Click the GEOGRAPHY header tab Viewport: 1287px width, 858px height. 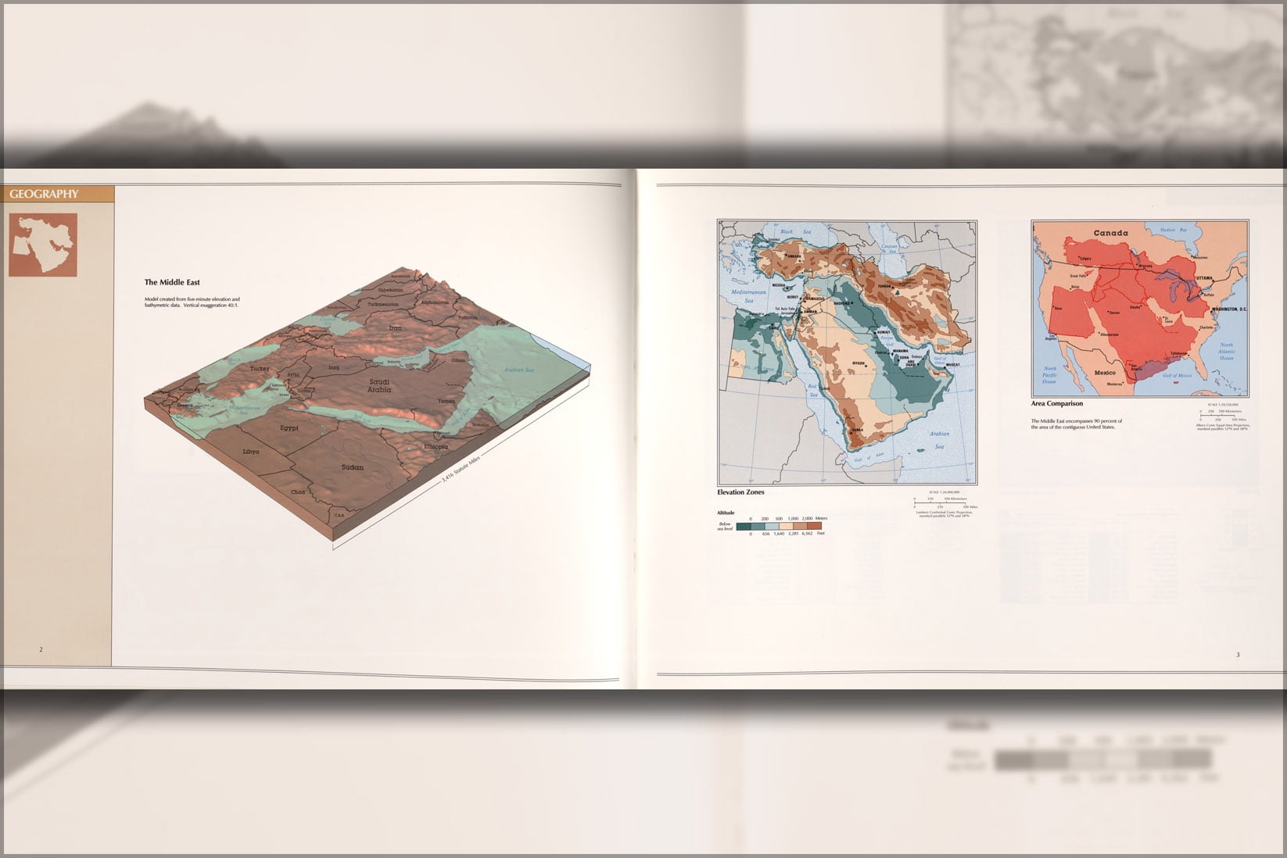coord(45,194)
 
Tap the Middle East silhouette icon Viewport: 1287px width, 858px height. coord(43,245)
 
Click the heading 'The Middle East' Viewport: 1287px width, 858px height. coord(172,283)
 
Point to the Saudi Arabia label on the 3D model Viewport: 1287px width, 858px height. coord(379,385)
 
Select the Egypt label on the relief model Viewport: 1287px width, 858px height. coord(289,428)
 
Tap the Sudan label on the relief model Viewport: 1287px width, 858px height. coord(353,467)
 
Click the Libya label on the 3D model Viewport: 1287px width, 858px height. coord(250,452)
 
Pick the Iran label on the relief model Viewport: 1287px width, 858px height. coord(396,328)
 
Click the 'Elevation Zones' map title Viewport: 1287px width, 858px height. coord(740,493)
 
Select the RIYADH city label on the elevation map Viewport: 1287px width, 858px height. coord(859,364)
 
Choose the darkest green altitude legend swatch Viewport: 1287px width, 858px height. coord(744,527)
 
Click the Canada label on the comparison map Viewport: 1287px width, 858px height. coord(1110,233)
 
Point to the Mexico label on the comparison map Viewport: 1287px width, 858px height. coord(1105,373)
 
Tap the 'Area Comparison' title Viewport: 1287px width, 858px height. coord(1056,404)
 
